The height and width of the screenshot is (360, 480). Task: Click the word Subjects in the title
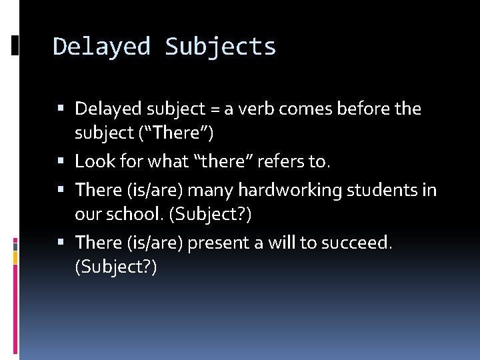[x=220, y=47]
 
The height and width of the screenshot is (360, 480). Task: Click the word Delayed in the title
[x=101, y=47]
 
